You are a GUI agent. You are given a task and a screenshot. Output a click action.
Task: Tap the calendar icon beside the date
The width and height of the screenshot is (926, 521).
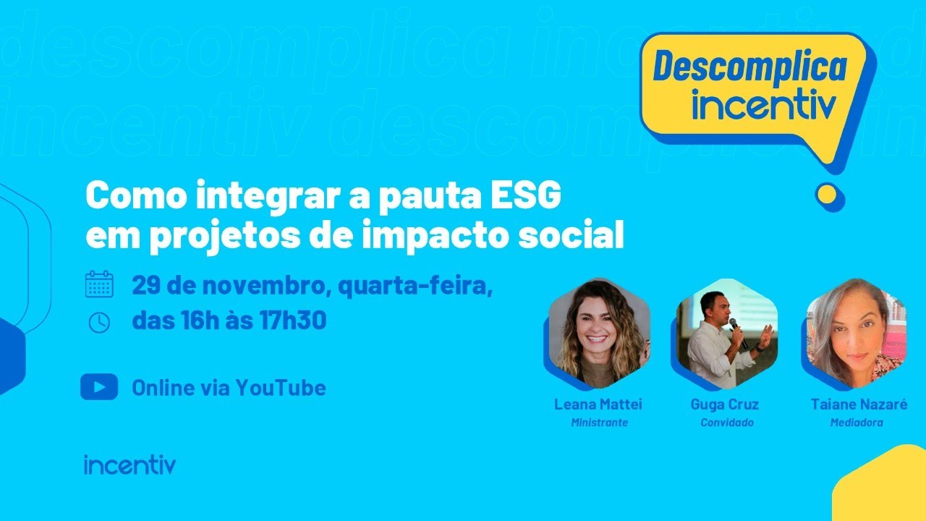(x=99, y=284)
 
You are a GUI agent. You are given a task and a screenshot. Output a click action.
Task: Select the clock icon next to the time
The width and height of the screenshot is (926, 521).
(x=99, y=322)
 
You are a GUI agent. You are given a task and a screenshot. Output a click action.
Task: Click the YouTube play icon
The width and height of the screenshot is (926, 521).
(x=99, y=387)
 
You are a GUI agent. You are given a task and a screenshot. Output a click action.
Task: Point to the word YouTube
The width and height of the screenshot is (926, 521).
(x=281, y=388)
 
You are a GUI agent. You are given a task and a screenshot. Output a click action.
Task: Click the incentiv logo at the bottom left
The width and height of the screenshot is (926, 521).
(x=129, y=465)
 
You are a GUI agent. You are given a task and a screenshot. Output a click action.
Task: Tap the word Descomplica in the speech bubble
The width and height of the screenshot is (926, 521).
(x=749, y=67)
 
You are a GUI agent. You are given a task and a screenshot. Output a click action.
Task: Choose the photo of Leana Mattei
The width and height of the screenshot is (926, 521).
(x=598, y=335)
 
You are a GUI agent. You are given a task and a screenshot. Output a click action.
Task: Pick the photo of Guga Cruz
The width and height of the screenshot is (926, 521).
(x=726, y=335)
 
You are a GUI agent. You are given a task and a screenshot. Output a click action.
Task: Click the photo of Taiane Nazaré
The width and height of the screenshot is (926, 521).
(x=855, y=335)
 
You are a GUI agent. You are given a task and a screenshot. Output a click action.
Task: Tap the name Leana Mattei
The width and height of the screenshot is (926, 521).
(x=598, y=404)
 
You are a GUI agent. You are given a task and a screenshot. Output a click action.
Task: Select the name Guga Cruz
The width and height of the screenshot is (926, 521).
(x=725, y=404)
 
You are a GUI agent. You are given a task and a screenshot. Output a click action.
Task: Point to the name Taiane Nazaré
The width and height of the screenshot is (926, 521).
(x=859, y=404)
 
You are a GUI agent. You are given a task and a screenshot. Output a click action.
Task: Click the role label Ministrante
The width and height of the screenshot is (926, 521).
(x=599, y=423)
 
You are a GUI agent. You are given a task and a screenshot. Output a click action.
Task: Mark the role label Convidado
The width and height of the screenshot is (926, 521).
(x=726, y=423)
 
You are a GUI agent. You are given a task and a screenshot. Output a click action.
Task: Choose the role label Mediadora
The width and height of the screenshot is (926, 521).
(x=857, y=423)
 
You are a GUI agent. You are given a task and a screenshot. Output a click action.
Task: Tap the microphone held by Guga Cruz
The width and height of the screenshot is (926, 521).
(x=734, y=327)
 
